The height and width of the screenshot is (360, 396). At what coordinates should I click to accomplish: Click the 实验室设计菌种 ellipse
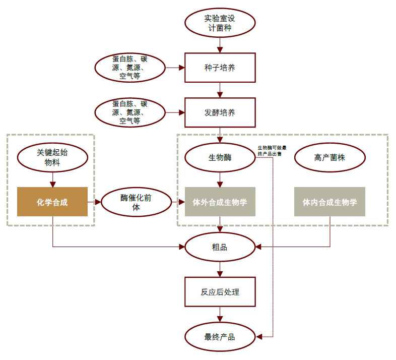(220, 23)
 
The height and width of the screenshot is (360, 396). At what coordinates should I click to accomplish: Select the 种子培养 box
(220, 68)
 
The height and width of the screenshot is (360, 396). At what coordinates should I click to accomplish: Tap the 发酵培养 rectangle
(220, 112)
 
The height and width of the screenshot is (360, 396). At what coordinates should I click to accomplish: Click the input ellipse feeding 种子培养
(130, 68)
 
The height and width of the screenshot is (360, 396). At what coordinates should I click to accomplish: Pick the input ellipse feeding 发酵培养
(130, 112)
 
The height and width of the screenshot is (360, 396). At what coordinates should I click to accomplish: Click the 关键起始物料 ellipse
(52, 158)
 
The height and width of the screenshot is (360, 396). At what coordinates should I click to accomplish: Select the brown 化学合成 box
(52, 202)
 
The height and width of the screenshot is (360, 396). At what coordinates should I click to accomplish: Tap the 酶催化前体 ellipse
(136, 202)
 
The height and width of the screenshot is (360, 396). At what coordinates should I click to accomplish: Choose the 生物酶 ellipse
(220, 158)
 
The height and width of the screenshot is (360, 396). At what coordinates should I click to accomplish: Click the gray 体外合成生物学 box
(220, 202)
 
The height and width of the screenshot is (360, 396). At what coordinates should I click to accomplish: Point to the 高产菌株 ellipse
(329, 158)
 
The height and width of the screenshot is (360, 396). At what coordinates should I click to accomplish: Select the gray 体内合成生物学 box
(329, 202)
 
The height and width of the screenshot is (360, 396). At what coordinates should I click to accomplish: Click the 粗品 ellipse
(220, 247)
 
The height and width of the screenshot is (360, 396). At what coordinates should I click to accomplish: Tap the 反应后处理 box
(220, 292)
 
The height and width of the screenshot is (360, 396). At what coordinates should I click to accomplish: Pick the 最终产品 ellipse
(220, 336)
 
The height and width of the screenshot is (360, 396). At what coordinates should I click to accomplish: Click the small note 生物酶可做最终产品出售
(272, 150)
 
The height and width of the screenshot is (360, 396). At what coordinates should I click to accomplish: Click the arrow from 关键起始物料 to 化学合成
(52, 179)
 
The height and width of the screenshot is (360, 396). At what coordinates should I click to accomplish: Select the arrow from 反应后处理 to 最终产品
(220, 315)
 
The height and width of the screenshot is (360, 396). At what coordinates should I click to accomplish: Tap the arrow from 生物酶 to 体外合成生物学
(220, 179)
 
